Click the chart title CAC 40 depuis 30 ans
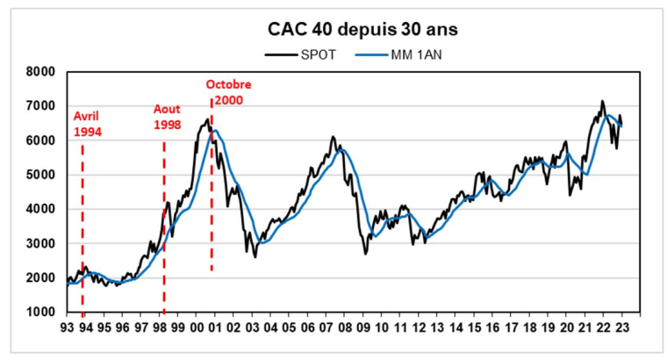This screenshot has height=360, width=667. (362, 29)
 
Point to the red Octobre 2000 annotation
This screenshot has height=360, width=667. (228, 92)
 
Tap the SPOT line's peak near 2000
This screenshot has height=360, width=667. (208, 119)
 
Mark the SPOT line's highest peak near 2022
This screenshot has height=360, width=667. (602, 101)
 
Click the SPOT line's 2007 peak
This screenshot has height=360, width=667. (333, 137)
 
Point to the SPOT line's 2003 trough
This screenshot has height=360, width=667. (255, 256)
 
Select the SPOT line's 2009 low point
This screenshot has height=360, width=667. (365, 254)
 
